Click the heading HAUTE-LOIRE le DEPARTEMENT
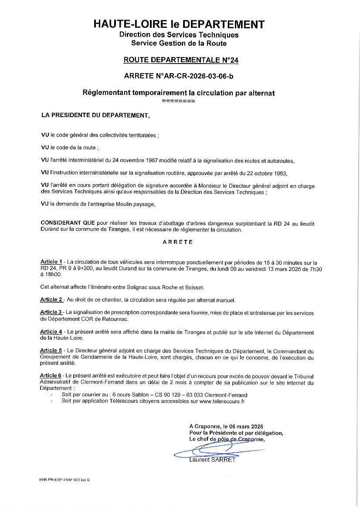pos(179,24)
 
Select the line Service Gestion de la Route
pos(179,43)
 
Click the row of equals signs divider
pos(178,101)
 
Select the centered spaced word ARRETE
pos(178,242)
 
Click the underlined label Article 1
pos(51,262)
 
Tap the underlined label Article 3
pos(51,312)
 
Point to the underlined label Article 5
pos(51,350)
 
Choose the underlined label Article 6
pos(51,375)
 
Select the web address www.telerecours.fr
pos(222,401)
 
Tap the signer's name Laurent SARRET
pos(212,459)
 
